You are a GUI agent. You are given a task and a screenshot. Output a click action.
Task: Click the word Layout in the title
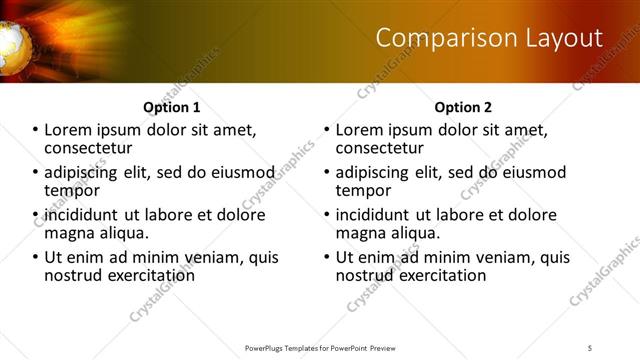pos(567,39)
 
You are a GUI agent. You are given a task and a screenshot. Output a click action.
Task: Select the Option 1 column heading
pos(171,107)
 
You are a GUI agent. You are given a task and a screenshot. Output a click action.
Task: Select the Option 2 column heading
pos(463,107)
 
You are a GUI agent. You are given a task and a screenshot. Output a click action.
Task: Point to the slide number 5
pos(590,347)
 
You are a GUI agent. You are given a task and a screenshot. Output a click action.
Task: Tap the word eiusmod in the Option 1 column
pos(239,171)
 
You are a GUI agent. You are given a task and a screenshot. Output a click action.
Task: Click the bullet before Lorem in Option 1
pos(35,130)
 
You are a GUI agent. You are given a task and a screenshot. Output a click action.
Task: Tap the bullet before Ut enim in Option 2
pos(327,257)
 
